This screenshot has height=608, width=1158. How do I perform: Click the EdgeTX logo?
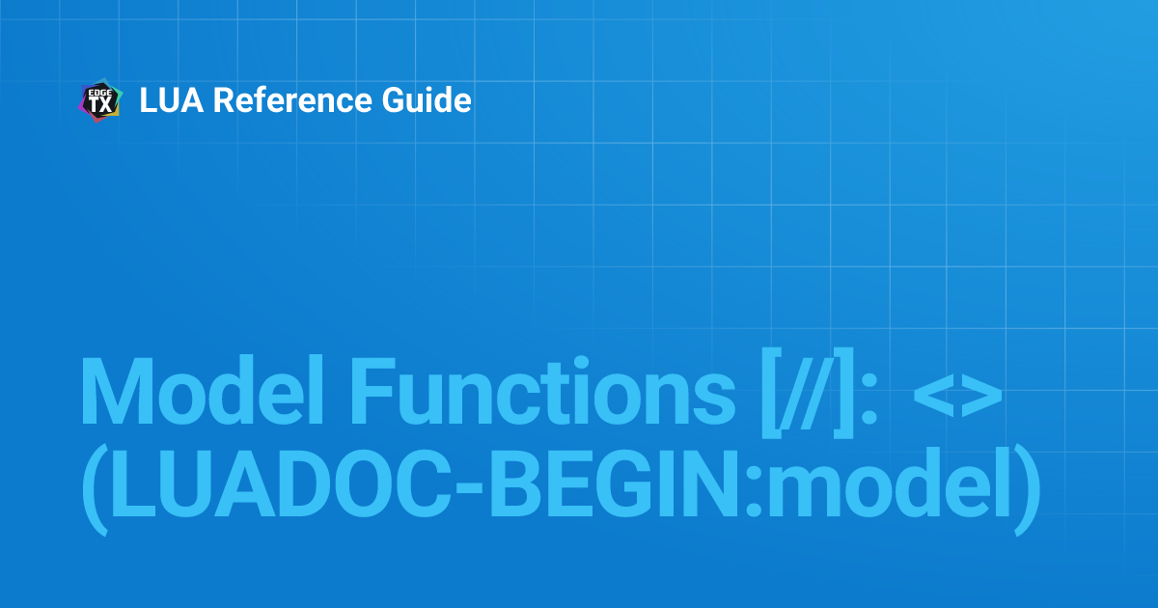(99, 100)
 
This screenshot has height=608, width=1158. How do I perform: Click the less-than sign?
(933, 399)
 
